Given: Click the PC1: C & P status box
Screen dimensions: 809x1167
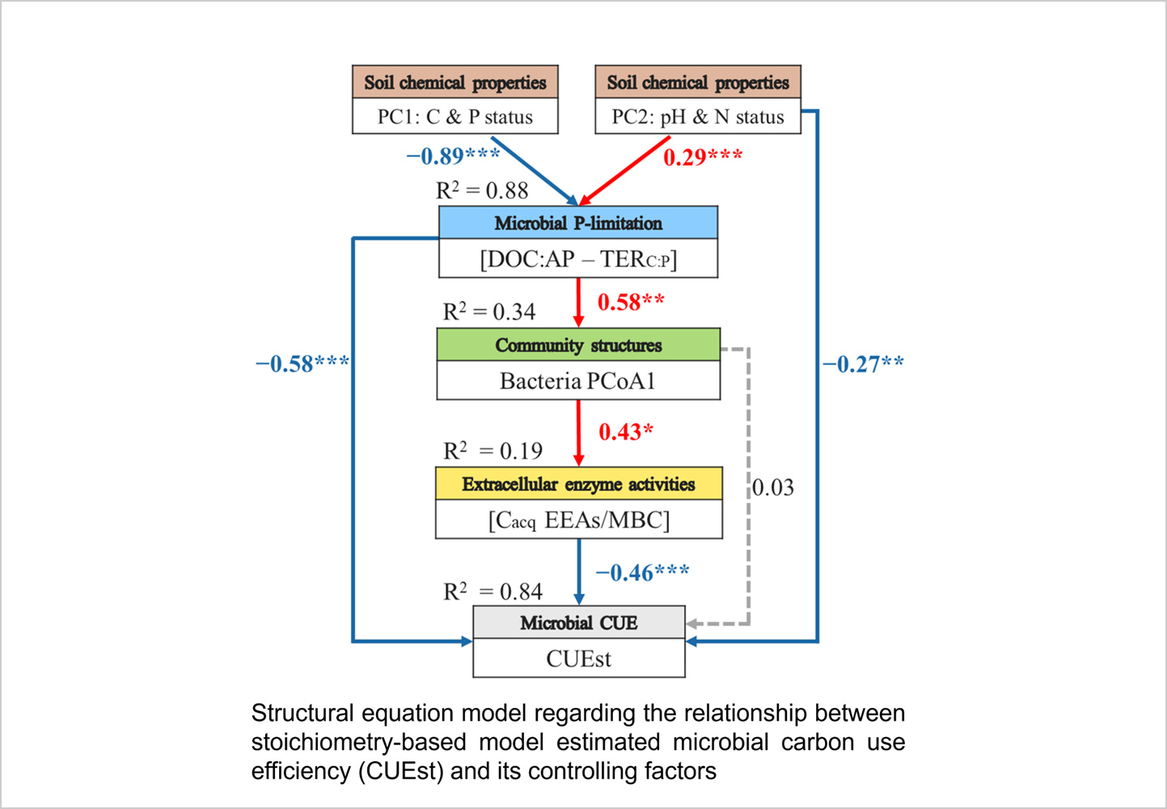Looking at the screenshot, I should pyautogui.click(x=455, y=117).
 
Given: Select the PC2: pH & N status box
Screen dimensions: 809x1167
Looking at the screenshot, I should pyautogui.click(x=698, y=117).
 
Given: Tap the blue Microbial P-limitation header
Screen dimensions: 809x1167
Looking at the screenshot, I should pyautogui.click(x=578, y=223).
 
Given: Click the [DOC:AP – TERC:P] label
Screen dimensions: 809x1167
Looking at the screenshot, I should pyautogui.click(x=578, y=259).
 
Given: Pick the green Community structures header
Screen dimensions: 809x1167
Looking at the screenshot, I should pyautogui.click(x=578, y=345).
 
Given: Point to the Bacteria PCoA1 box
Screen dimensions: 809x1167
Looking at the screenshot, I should pyautogui.click(x=578, y=381).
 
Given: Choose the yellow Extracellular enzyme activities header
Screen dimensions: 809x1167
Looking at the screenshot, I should pyautogui.click(x=578, y=484).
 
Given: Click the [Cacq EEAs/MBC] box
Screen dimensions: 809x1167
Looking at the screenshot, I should pyautogui.click(x=578, y=520).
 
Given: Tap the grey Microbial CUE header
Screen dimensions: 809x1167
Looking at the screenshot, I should pyautogui.click(x=578, y=623).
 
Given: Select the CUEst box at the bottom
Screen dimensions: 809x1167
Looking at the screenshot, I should pyautogui.click(x=578, y=659).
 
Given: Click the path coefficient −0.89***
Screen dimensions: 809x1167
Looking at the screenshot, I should pyautogui.click(x=453, y=155).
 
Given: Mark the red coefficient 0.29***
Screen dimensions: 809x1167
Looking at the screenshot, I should pyautogui.click(x=703, y=157).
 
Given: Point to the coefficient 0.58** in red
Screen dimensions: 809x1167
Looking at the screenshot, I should pyautogui.click(x=631, y=303).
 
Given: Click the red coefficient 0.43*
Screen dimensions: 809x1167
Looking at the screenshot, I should pyautogui.click(x=626, y=432).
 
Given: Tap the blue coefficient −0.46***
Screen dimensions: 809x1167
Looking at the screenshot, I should pyautogui.click(x=642, y=573).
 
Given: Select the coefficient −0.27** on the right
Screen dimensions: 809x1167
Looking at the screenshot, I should pyautogui.click(x=863, y=364).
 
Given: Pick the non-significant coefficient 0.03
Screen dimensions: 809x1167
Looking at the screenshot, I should pyautogui.click(x=773, y=488).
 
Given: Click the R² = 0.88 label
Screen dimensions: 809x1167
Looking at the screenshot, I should pyautogui.click(x=482, y=191).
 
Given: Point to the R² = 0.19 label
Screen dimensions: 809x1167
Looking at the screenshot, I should pyautogui.click(x=493, y=451).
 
